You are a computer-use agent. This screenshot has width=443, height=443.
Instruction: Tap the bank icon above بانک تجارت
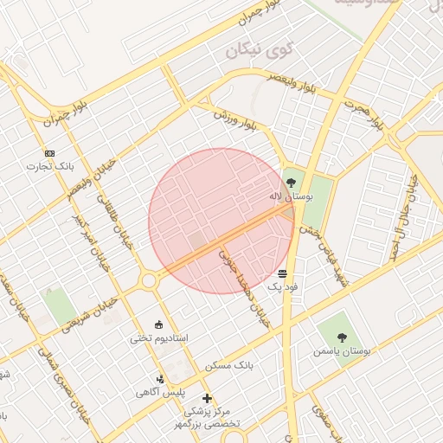click(49, 153)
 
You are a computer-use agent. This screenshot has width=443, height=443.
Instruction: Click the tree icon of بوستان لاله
click(290, 183)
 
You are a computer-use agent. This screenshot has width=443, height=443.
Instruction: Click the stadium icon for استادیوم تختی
click(158, 324)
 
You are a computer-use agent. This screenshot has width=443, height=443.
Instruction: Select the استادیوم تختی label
click(158, 337)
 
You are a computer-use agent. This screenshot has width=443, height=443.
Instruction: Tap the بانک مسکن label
click(228, 366)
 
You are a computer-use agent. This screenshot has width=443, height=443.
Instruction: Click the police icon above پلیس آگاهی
click(160, 378)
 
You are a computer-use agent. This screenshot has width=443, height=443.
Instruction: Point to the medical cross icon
click(206, 399)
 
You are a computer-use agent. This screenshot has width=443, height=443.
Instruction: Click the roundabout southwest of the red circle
click(150, 280)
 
